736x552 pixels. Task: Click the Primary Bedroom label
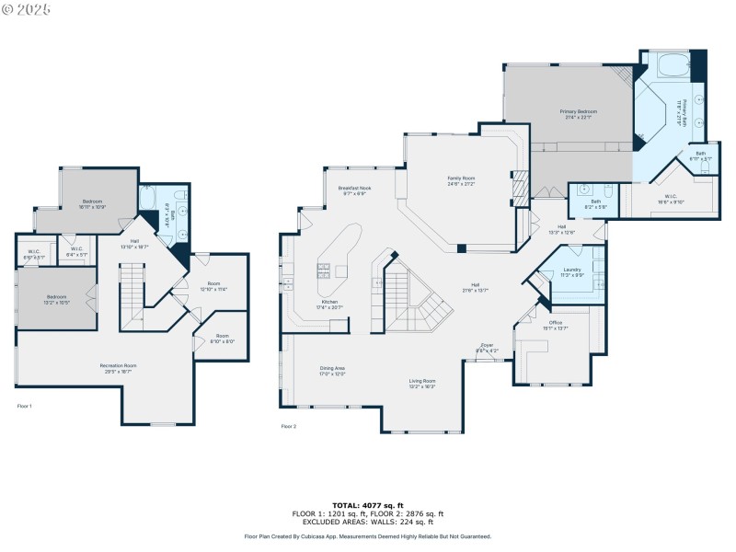coord(580,113)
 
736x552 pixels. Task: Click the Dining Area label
coord(331,370)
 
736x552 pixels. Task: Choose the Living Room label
coord(422,383)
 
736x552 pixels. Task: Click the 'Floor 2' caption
coord(288,426)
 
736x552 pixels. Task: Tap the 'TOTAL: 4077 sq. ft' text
coord(368,506)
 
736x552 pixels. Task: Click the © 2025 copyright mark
coord(27,8)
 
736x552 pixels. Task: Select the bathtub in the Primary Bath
coord(666,67)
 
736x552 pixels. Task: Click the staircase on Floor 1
coord(133,287)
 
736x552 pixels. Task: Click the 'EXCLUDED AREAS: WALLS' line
coord(368,521)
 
